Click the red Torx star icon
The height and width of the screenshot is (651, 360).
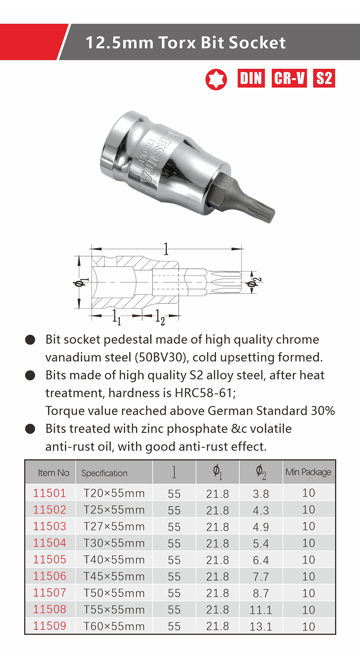coord(216,79)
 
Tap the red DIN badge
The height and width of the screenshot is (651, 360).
coord(251,78)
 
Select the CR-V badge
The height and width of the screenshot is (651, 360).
coord(289,78)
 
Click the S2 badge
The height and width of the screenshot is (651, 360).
coord(324,78)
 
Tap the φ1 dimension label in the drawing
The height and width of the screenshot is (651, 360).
coord(81,282)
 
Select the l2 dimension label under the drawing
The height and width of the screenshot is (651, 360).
coord(160,317)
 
